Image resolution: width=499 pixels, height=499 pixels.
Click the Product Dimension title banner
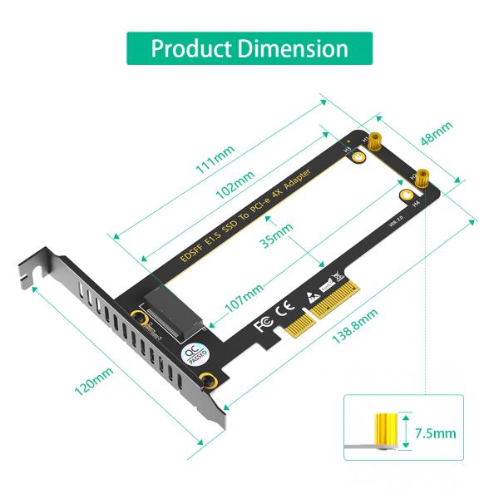pos(249,48)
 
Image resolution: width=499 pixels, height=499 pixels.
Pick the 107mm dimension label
pos(243,295)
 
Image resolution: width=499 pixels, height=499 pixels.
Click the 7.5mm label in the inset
pos(434,433)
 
